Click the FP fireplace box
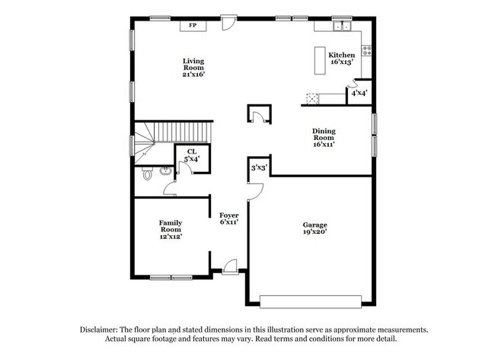coord(193,26)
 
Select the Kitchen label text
coord(341,56)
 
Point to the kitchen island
coord(319,60)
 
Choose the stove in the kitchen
coord(366,52)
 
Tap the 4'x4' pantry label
coord(359,94)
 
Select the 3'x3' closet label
coord(258,167)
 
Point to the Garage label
coord(315,225)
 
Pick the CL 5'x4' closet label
coord(189,155)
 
